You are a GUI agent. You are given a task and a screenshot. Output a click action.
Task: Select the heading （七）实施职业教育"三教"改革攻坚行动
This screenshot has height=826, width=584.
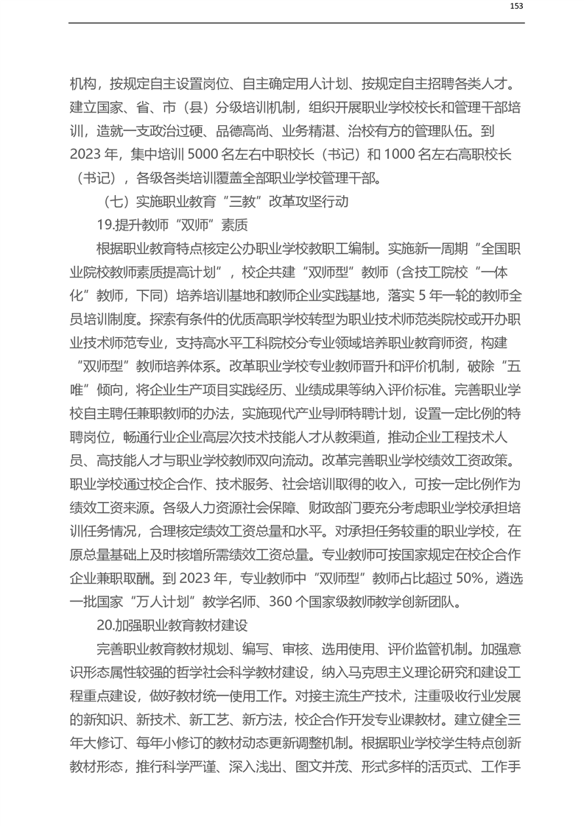[x=222, y=200]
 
